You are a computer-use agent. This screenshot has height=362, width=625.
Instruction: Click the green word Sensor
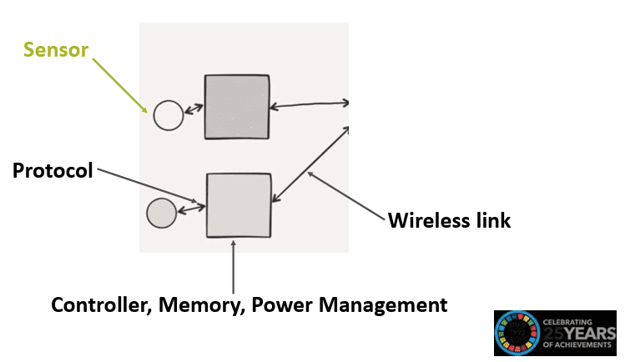tap(54, 49)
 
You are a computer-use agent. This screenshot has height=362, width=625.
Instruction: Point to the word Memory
tap(199, 305)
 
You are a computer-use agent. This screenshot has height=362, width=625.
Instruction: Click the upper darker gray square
tap(237, 107)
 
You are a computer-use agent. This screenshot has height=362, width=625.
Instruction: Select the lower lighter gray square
tap(239, 205)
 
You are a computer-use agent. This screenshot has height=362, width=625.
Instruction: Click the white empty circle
tap(168, 115)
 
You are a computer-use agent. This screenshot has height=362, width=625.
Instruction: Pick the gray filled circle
tap(161, 214)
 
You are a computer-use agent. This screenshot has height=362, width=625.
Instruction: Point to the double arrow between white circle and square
tap(194, 109)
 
